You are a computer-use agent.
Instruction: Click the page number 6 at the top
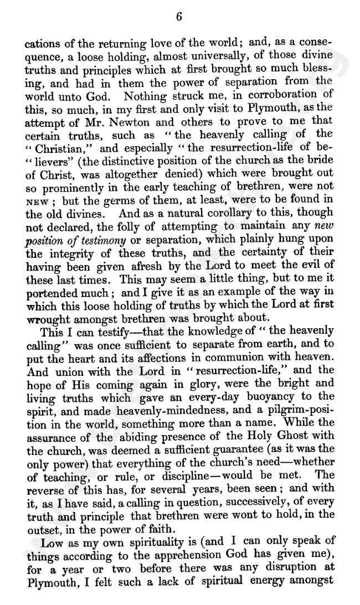pos(179,17)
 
